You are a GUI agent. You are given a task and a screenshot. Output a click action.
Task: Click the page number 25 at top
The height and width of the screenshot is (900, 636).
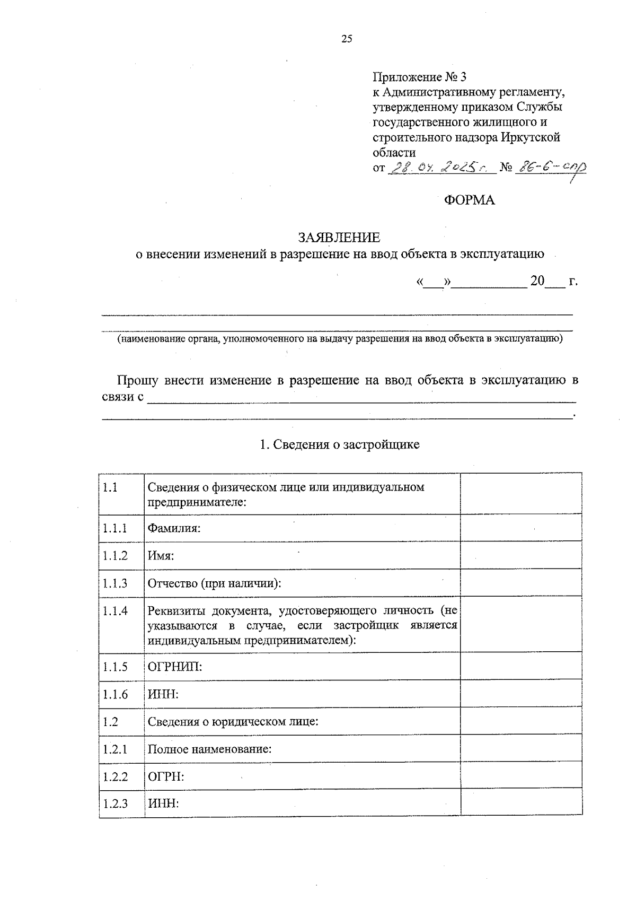point(347,39)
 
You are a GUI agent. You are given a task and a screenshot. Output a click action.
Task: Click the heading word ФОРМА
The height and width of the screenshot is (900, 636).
point(469,200)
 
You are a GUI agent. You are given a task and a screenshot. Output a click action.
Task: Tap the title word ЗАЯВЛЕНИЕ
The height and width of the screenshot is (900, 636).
point(339,237)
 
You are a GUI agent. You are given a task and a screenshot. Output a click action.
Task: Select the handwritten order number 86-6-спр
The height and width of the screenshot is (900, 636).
point(551,168)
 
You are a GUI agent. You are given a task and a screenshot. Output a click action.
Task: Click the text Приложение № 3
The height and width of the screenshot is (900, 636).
point(419,77)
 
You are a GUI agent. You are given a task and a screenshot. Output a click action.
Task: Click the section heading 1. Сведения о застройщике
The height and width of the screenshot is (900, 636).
point(339,444)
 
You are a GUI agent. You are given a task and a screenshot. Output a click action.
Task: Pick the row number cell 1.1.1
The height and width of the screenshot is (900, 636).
point(116,528)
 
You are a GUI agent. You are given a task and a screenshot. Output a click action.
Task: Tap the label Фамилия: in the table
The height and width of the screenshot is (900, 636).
point(174,528)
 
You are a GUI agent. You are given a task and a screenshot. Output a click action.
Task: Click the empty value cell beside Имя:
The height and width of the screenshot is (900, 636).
point(521,556)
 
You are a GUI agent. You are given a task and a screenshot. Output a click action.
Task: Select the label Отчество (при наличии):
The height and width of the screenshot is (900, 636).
point(214,583)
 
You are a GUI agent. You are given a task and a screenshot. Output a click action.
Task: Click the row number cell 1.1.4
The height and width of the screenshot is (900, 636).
point(116,611)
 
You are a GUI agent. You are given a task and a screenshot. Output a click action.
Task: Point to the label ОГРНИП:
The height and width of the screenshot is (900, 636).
point(175,667)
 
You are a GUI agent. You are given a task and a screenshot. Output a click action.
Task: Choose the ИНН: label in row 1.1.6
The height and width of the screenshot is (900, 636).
point(163,694)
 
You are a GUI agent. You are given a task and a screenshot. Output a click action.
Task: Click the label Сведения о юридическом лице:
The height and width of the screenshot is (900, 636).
point(233,722)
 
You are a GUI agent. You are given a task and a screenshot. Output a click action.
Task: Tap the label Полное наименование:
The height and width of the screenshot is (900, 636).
point(209,749)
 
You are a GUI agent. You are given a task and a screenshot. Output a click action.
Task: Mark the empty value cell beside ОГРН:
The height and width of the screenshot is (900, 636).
point(521,777)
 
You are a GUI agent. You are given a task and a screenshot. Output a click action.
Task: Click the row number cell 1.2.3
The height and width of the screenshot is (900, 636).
point(116,803)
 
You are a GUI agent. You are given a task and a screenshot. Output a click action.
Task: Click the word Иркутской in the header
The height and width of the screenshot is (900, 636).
point(530,138)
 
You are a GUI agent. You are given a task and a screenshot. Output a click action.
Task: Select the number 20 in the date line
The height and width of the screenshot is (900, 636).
point(537,281)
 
